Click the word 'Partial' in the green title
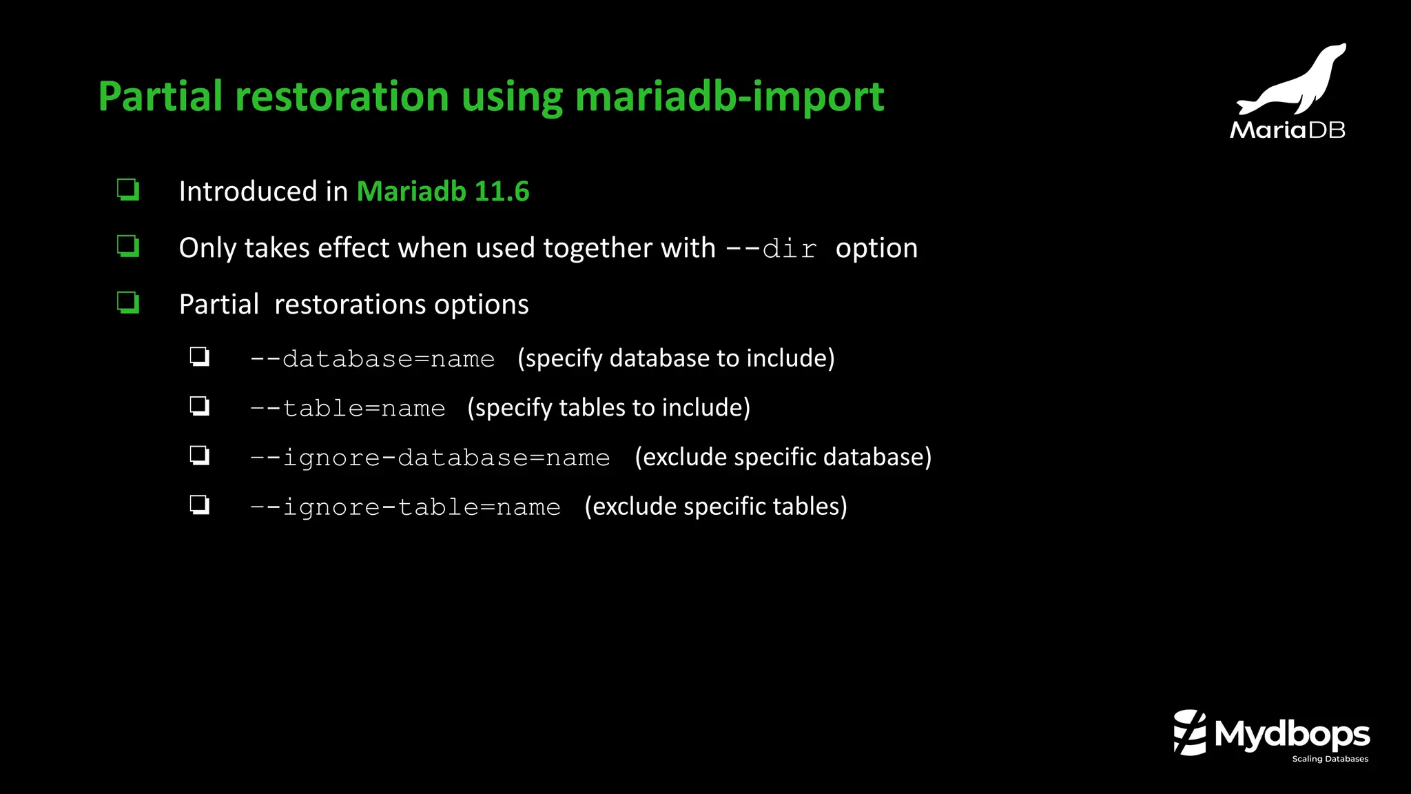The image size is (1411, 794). [x=161, y=96]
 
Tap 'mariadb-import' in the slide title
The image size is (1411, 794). [x=729, y=96]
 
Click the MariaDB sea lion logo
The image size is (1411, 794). [x=1292, y=81]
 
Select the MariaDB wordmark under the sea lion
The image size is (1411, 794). [x=1287, y=130]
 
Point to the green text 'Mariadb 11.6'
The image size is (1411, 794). [x=443, y=192]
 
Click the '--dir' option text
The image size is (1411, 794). [x=772, y=249]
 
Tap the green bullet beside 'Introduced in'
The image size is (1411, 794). [x=128, y=190]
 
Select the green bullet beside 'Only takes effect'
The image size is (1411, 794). [x=128, y=246]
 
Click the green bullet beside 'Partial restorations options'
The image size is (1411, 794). [x=128, y=303]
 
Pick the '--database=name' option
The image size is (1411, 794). [x=372, y=359]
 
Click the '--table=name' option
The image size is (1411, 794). [x=347, y=409]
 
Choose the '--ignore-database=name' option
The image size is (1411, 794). [x=430, y=458]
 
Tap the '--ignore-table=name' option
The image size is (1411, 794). [x=405, y=507]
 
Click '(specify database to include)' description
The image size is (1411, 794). [x=676, y=358]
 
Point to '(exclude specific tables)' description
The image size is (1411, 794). [x=715, y=507]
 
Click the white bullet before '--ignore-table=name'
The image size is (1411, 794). [x=200, y=505]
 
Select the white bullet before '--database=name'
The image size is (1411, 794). [x=200, y=357]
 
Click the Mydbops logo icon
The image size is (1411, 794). [x=1190, y=733]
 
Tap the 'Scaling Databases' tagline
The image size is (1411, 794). [x=1330, y=759]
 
